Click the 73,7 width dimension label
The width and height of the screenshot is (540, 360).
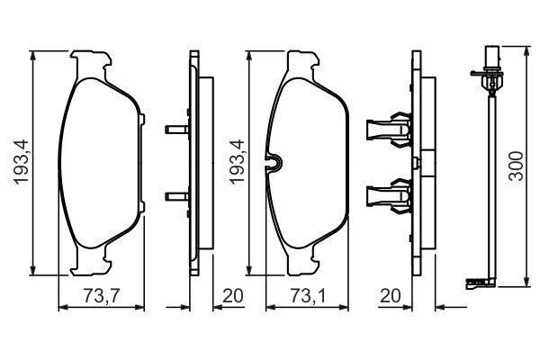(x=101, y=295)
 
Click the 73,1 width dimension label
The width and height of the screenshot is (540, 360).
(x=308, y=295)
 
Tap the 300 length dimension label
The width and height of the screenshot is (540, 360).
(x=517, y=166)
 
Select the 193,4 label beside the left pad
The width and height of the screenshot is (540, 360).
(x=21, y=162)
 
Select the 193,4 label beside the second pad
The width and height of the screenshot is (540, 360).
(x=238, y=162)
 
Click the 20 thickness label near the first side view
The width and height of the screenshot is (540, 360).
(x=233, y=295)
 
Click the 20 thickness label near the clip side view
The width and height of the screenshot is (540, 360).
(x=391, y=295)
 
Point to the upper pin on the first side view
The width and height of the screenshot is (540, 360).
(x=177, y=130)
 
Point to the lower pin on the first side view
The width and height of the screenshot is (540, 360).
(x=177, y=197)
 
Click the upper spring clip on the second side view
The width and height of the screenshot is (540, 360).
(x=389, y=130)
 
